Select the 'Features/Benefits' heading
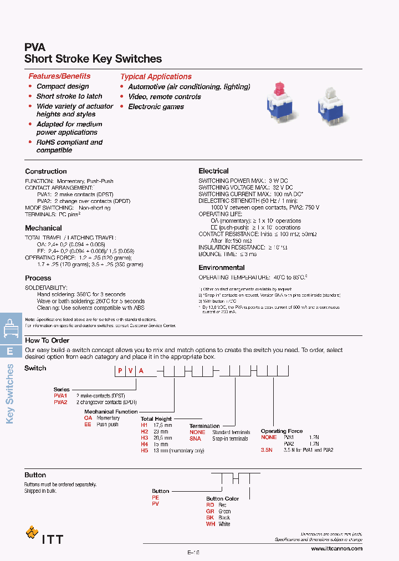(59, 76)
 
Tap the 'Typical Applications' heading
(156, 76)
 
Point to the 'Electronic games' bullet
(156, 106)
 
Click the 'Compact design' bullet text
(63, 86)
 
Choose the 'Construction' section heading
(46, 171)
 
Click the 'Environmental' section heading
(222, 267)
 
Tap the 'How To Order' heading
(47, 340)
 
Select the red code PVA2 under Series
(60, 402)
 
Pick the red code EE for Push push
(88, 424)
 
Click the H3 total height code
(145, 437)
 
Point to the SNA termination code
(196, 438)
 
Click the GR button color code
(210, 511)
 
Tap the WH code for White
(211, 524)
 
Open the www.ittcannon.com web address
(336, 548)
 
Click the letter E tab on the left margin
(9, 351)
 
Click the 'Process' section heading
(38, 278)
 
